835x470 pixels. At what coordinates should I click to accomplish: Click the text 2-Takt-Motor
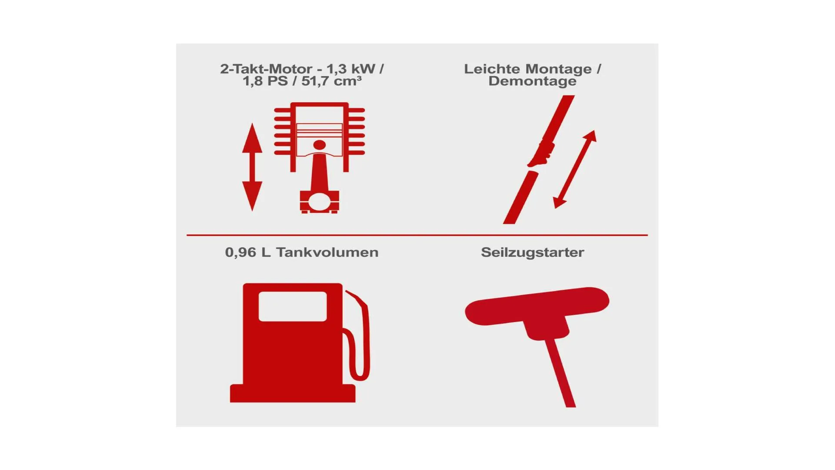pyautogui.click(x=266, y=69)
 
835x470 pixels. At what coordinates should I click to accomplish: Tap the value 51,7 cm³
pyautogui.click(x=331, y=81)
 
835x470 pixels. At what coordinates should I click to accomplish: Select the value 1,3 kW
pyautogui.click(x=351, y=69)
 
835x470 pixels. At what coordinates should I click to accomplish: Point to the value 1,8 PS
pyautogui.click(x=265, y=81)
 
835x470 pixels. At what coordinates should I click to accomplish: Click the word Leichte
pyautogui.click(x=493, y=69)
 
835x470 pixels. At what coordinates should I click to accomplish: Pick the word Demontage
pyautogui.click(x=532, y=81)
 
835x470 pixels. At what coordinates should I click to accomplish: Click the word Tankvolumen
pyautogui.click(x=327, y=252)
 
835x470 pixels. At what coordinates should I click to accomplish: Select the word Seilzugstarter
pyautogui.click(x=532, y=252)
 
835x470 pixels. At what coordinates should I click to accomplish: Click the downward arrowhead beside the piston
pyautogui.click(x=252, y=196)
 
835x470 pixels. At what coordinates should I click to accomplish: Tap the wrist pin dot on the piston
pyautogui.click(x=319, y=145)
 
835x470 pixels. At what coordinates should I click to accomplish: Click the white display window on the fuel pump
pyautogui.click(x=293, y=306)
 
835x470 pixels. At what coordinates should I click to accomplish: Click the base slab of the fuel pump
pyautogui.click(x=293, y=393)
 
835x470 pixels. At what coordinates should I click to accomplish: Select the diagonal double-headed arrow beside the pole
pyautogui.click(x=574, y=169)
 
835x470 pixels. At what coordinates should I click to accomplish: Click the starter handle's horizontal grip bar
pyautogui.click(x=537, y=306)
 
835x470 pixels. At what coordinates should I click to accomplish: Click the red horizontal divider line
pyautogui.click(x=417, y=235)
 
